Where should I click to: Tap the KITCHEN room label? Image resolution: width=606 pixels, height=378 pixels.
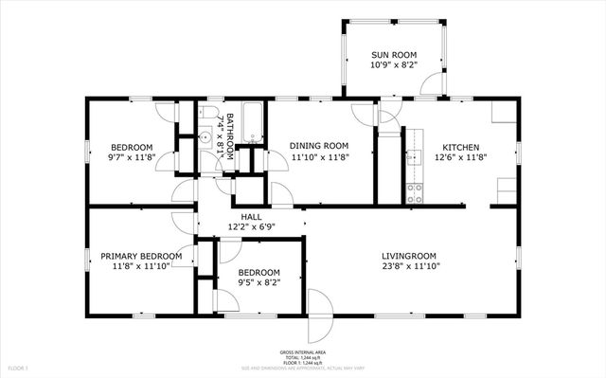(x=460, y=147)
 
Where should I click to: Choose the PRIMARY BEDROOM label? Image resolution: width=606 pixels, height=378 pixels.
(x=141, y=256)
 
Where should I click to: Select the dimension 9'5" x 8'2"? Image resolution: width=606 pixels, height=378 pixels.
(x=258, y=282)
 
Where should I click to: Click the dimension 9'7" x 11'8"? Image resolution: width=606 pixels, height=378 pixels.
(x=132, y=158)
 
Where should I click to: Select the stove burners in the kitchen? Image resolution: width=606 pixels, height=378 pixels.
(x=414, y=193)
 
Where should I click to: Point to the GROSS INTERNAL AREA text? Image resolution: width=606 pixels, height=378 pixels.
(x=302, y=351)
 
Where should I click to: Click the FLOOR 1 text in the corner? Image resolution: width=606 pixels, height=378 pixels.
(x=18, y=368)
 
